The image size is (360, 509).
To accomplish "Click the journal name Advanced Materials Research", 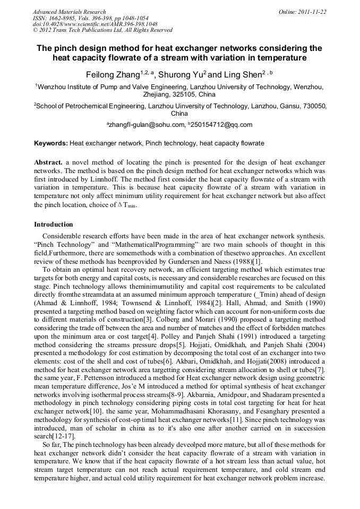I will click(x=69, y=12).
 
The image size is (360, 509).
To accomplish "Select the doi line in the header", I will click(x=95, y=24).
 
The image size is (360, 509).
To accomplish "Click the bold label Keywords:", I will click(x=51, y=143).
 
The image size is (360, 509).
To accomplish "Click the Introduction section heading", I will click(x=54, y=225).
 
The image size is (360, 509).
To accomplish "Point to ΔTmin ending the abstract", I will click(x=126, y=205).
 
